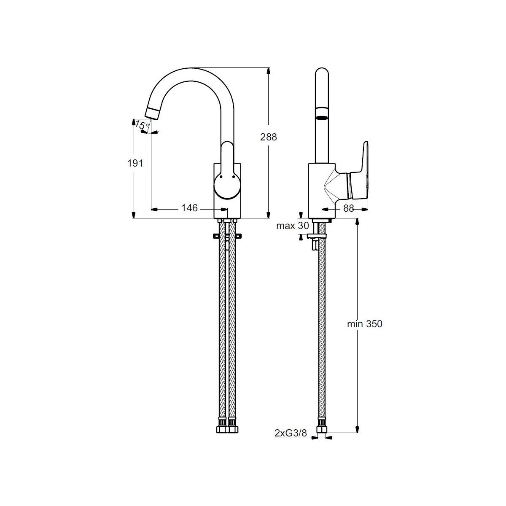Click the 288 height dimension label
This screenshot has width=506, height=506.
click(x=268, y=137)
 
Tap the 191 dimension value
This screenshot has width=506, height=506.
click(x=135, y=163)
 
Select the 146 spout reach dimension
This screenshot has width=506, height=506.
click(x=189, y=208)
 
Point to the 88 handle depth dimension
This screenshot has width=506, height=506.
click(x=349, y=208)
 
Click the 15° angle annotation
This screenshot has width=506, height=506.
click(x=142, y=125)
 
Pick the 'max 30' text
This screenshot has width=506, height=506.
click(x=292, y=226)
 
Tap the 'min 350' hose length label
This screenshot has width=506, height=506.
click(x=364, y=324)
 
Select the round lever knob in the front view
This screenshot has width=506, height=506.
click(x=227, y=186)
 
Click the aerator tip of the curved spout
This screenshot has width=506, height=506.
click(x=153, y=113)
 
